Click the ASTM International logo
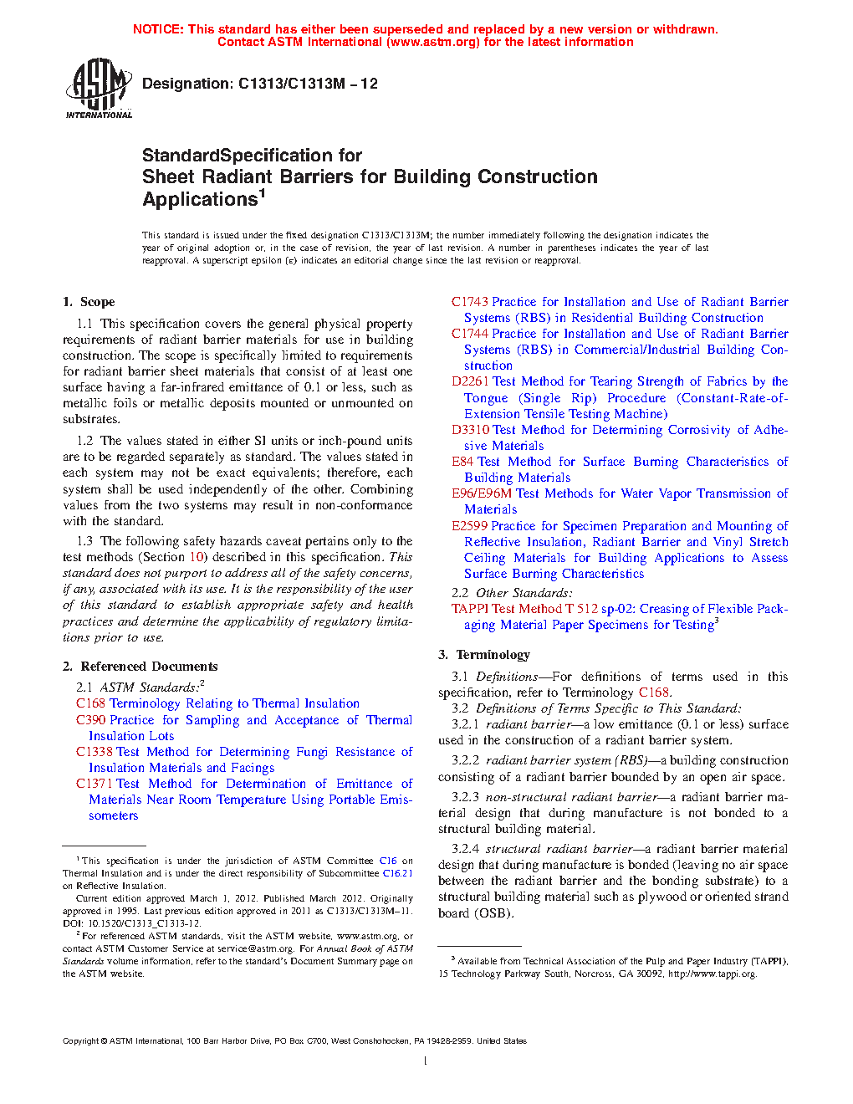point(99,88)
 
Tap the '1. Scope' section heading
point(89,302)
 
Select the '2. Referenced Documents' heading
point(140,667)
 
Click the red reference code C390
point(90,720)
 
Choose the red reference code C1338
point(94,752)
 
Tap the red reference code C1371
point(94,784)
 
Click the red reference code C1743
point(469,302)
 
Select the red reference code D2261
point(470,381)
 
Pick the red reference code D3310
point(470,430)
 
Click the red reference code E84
point(462,462)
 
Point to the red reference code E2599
point(469,526)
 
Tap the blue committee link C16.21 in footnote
point(397,873)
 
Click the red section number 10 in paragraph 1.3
point(197,557)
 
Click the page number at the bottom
point(426,1061)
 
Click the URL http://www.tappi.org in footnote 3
point(712,974)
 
